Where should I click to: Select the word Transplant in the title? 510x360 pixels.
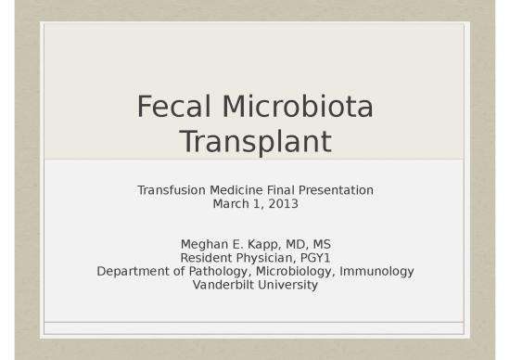[x=255, y=141]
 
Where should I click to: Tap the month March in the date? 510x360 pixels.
[x=232, y=203]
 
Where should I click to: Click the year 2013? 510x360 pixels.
[x=283, y=203]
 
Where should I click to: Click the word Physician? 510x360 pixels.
[x=266, y=258]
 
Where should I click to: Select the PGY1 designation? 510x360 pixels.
[x=315, y=258]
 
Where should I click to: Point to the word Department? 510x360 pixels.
[x=132, y=271]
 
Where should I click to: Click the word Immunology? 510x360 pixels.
[x=376, y=271]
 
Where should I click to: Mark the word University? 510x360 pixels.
[x=287, y=285]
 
